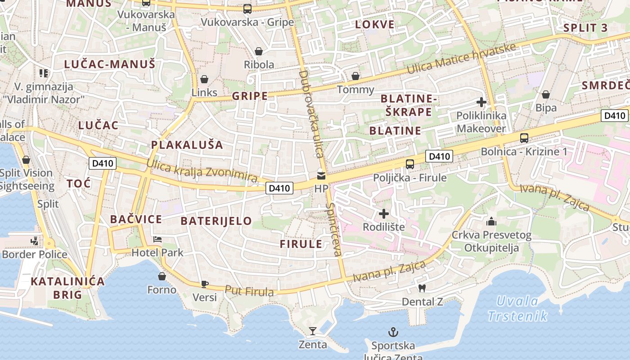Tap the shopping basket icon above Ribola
point(259,52)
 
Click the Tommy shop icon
point(355,76)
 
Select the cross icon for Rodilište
point(383,214)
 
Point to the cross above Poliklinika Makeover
point(481,102)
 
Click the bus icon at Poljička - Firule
point(409,164)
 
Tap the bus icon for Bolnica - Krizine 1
point(524,138)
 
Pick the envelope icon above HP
point(321,175)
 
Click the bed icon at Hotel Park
point(157,239)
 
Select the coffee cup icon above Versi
point(204,284)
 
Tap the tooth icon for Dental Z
point(422,288)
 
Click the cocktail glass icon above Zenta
point(312,332)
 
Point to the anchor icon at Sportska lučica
point(393,333)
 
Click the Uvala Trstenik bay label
point(518,308)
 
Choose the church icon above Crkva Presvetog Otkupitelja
point(491,221)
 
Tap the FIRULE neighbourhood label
point(301,244)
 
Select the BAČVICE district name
point(136,220)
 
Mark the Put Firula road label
point(249,292)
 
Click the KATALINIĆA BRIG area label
point(67,288)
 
